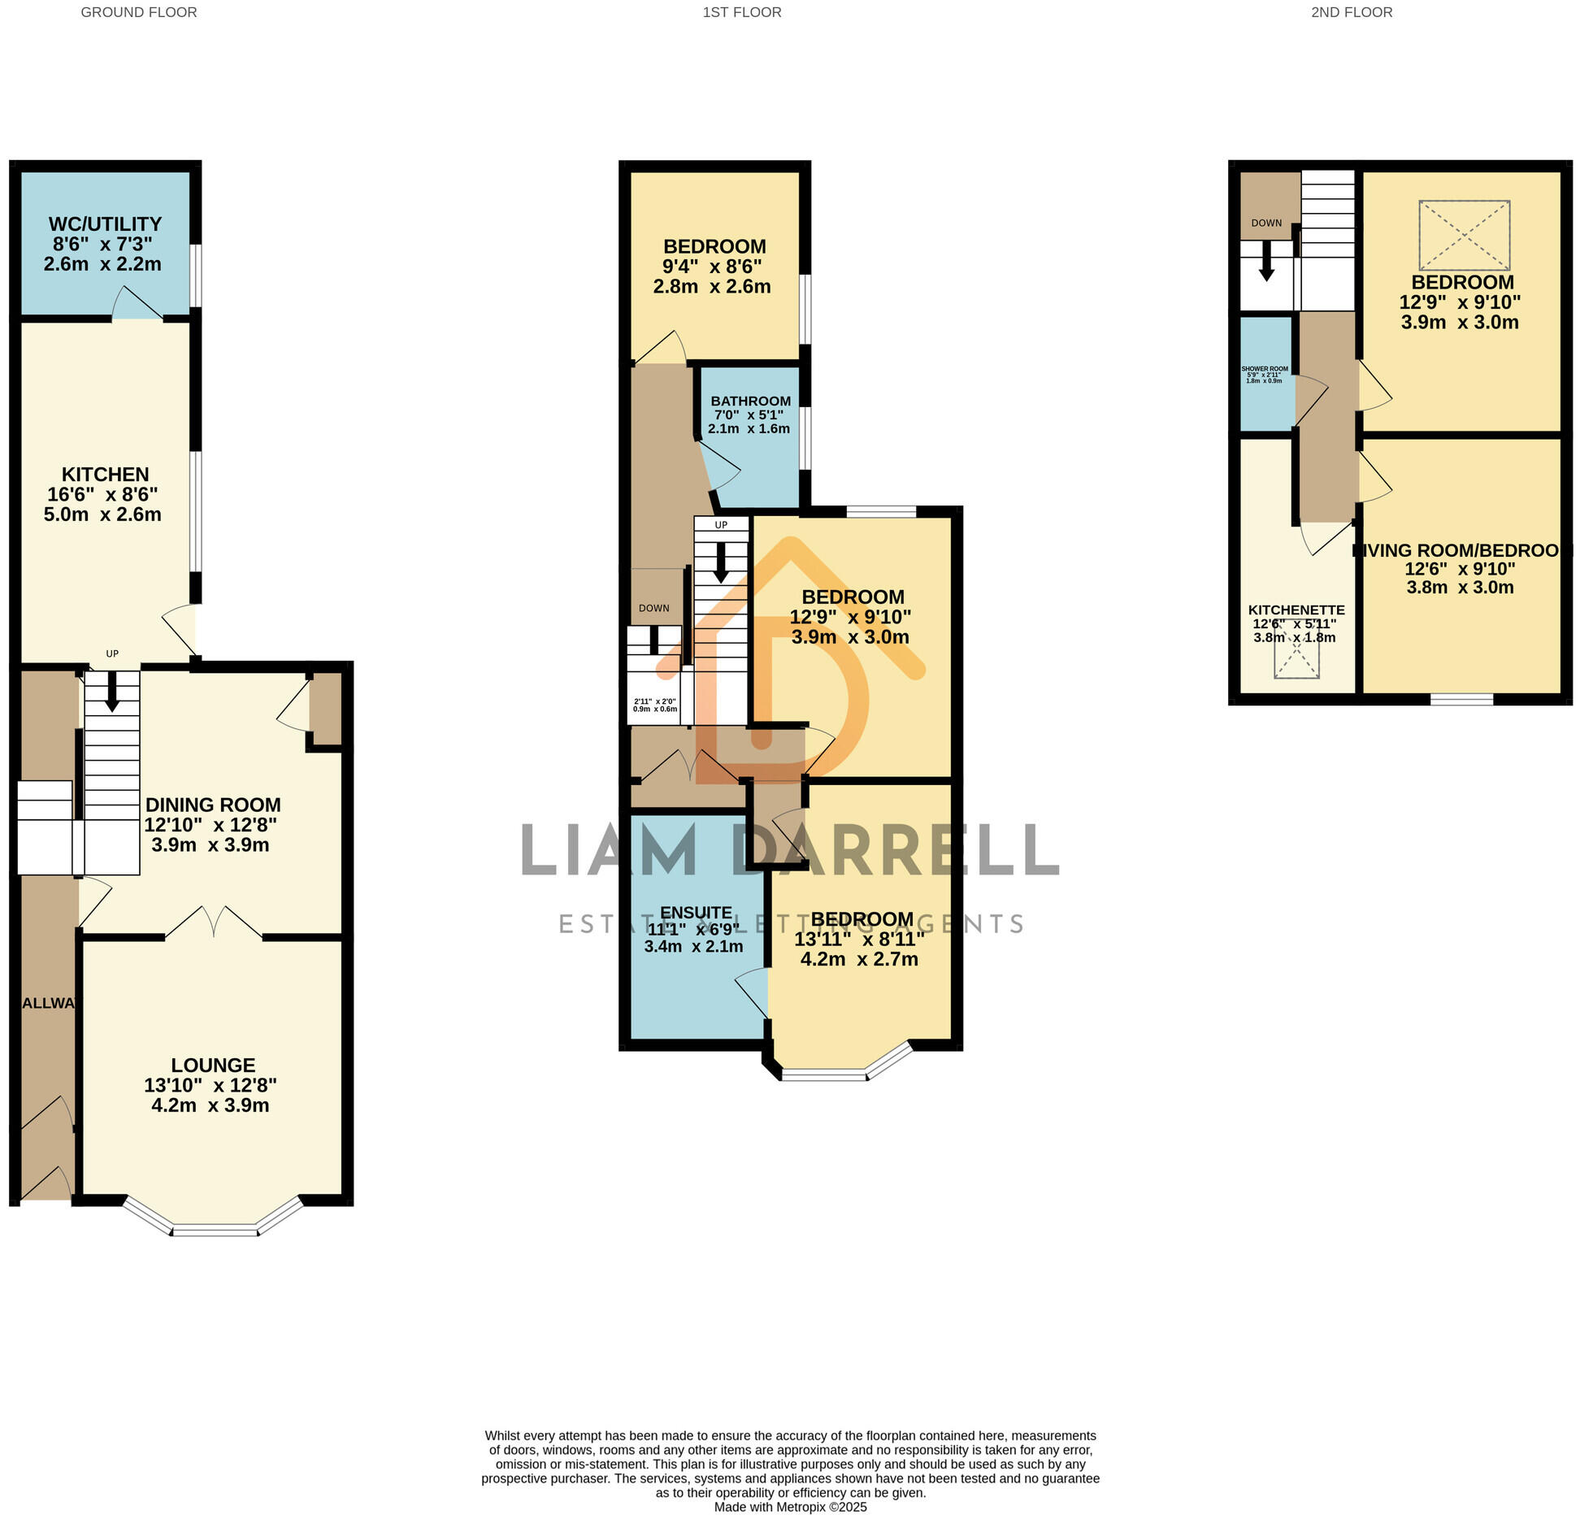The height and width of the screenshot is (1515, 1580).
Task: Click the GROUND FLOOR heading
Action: click(x=139, y=12)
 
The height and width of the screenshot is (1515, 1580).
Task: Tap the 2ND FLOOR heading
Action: click(x=1352, y=12)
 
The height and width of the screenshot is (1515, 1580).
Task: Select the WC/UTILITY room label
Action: click(x=105, y=224)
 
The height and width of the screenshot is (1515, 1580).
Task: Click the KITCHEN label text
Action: click(x=105, y=475)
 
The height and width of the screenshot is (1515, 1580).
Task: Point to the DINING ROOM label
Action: click(x=213, y=805)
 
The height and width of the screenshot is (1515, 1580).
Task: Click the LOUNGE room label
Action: click(x=213, y=1065)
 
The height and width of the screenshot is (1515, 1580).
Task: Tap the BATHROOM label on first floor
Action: click(x=750, y=402)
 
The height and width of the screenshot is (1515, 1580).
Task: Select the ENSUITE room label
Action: click(x=696, y=913)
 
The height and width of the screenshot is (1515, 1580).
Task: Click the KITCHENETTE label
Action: click(x=1296, y=610)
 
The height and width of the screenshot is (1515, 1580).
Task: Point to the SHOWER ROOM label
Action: click(x=1265, y=369)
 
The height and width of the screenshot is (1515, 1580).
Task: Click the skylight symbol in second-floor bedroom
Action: click(x=1464, y=235)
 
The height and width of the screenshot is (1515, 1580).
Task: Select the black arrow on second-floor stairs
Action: click(x=1266, y=262)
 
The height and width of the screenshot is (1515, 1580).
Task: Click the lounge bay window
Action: click(x=215, y=1229)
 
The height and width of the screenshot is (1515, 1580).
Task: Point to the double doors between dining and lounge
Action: click(x=214, y=924)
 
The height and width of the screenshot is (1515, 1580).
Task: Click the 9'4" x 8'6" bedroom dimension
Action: click(x=712, y=267)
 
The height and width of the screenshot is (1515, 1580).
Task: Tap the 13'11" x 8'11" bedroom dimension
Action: click(x=859, y=940)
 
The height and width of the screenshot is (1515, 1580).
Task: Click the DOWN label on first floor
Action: click(x=653, y=608)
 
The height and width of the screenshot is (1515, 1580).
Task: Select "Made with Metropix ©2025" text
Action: click(x=790, y=1507)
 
